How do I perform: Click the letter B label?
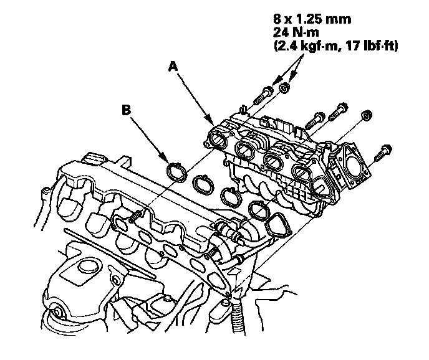coord(126,110)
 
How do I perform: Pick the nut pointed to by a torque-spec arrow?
coord(284,88)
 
